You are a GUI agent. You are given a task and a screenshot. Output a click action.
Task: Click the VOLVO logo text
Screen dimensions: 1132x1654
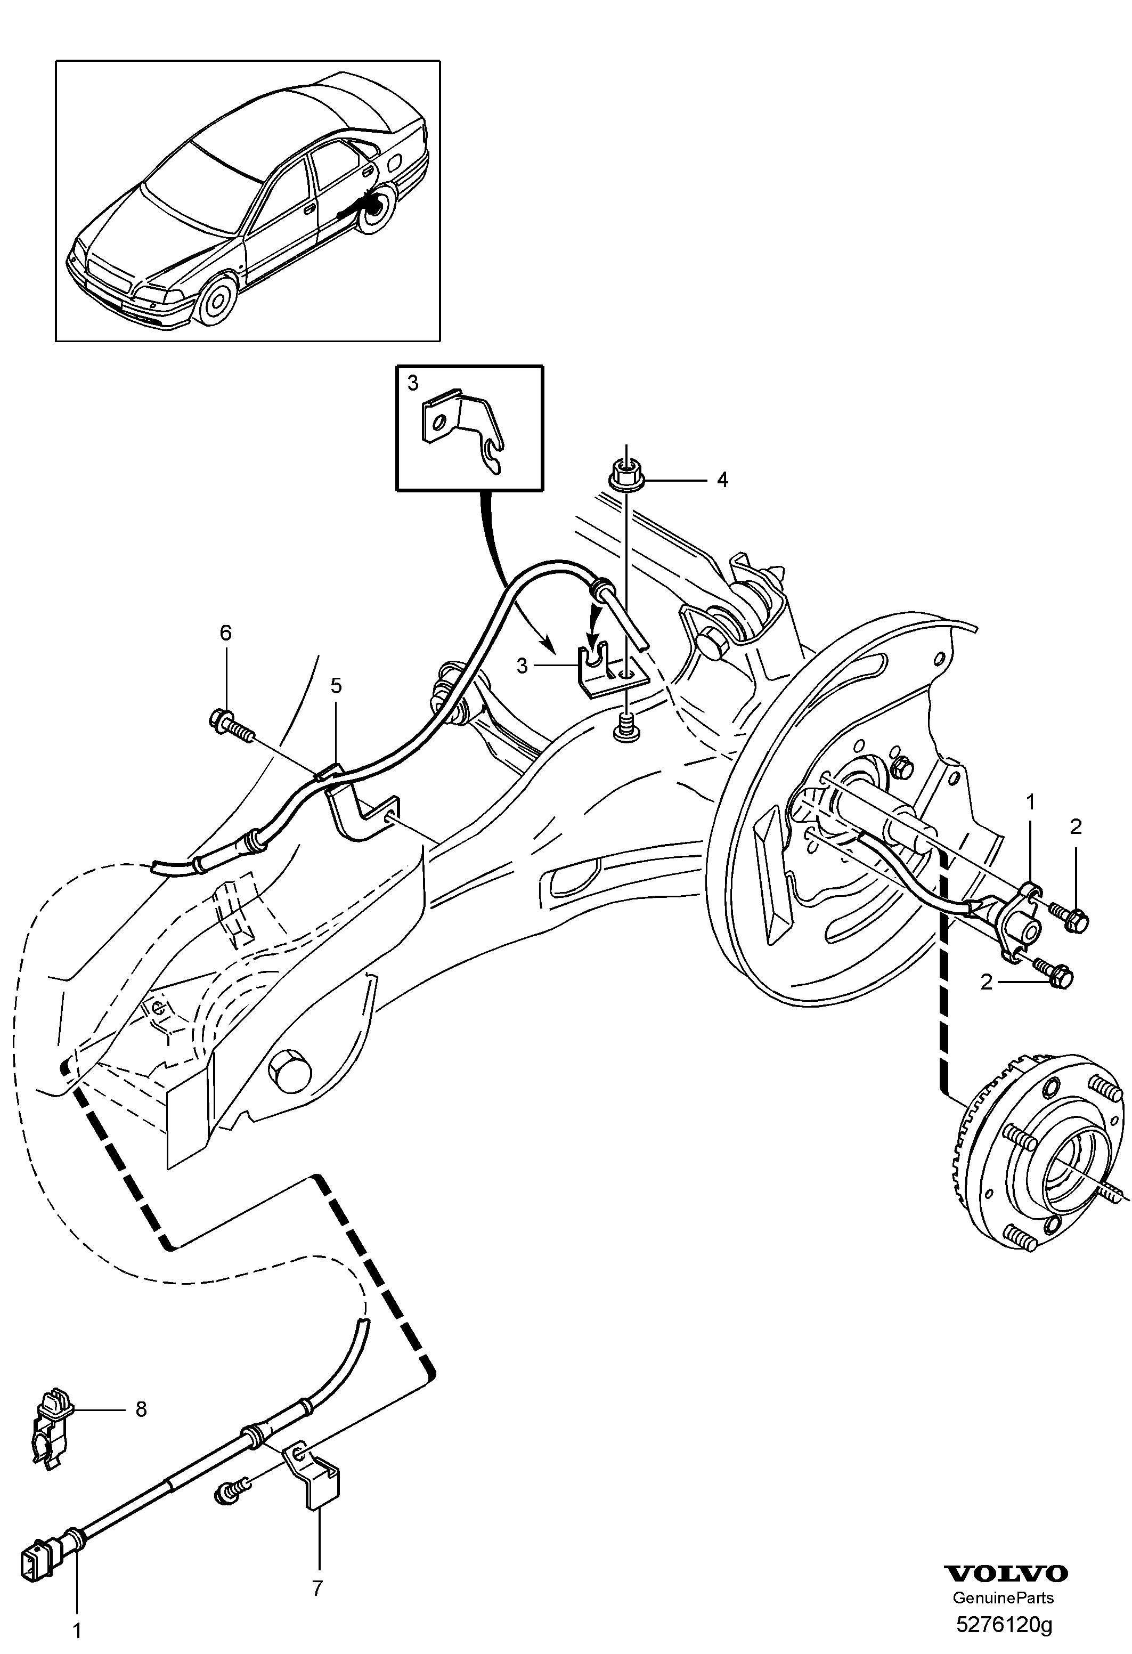point(1005,1574)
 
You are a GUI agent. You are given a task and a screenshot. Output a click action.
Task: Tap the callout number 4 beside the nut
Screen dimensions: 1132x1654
point(722,481)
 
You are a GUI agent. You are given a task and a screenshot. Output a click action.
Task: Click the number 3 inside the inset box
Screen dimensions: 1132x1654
point(413,384)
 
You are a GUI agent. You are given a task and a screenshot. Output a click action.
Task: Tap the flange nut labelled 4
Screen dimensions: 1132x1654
point(625,475)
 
